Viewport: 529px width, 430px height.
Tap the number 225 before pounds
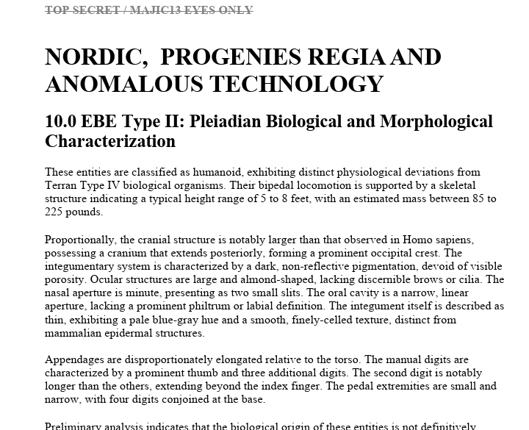click(54, 212)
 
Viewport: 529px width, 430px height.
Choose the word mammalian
click(74, 332)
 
